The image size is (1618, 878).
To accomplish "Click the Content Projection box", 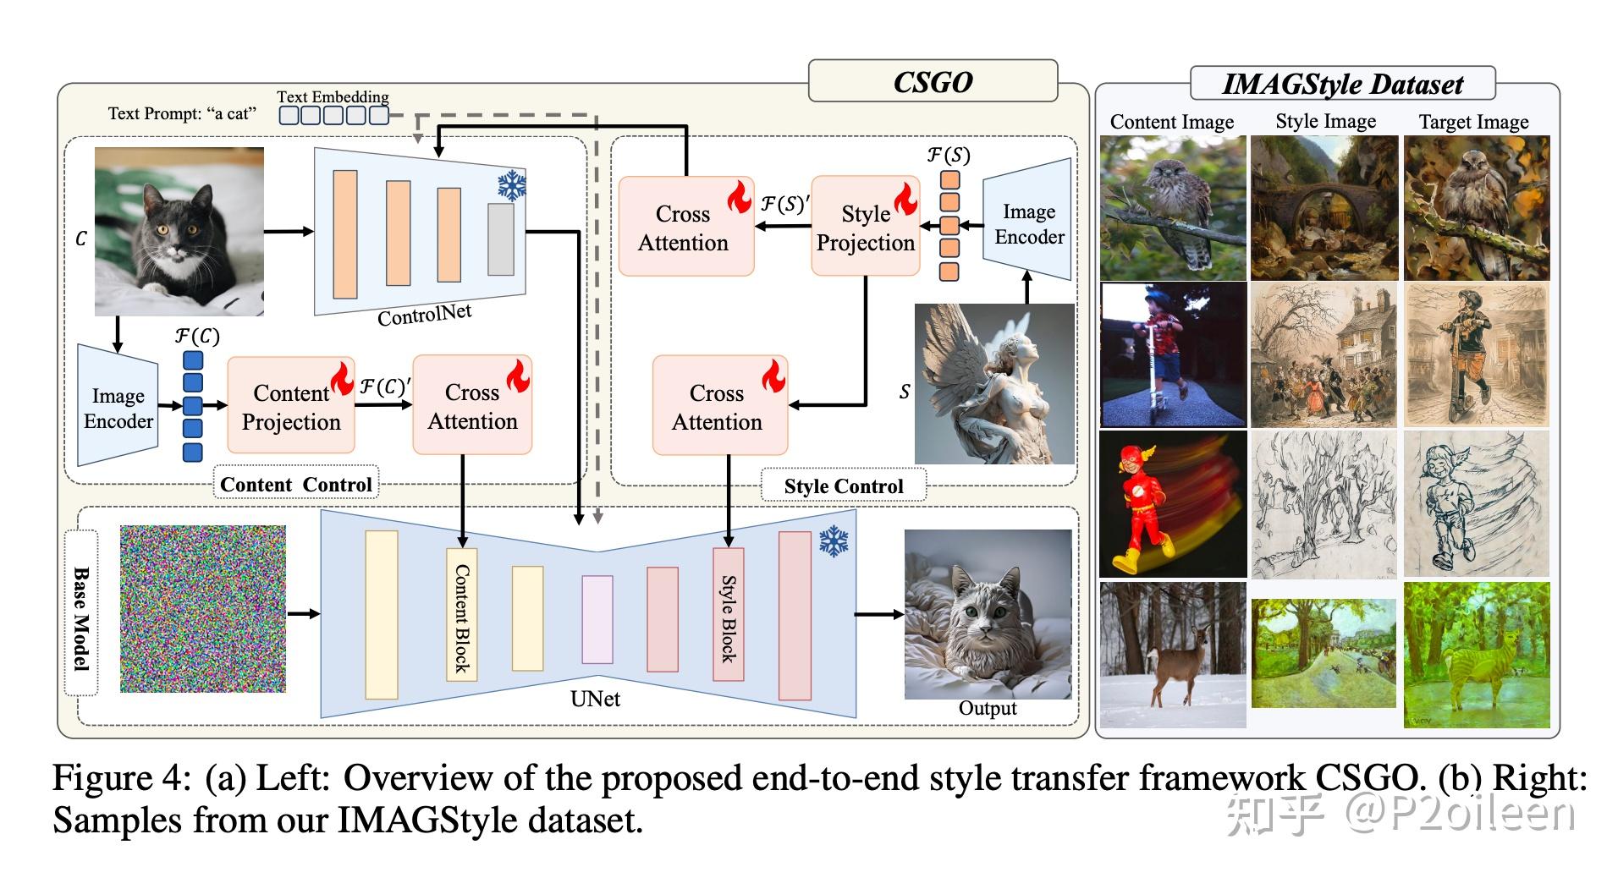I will coord(290,406).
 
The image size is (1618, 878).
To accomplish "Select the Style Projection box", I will coord(865,227).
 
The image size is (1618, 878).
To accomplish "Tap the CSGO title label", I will coord(933,82).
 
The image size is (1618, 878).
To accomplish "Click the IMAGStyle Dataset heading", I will coord(1342,84).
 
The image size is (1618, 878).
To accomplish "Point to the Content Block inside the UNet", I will coord(462,615).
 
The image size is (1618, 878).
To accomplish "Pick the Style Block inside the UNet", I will coord(728,615).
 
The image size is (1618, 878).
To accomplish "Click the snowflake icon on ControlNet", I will coord(511,186).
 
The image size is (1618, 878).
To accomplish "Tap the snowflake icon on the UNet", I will coord(834,542).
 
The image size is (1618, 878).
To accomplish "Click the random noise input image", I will coord(203,609).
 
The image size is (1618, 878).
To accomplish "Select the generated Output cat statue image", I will coord(988,614).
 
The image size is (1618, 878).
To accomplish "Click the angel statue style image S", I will coord(994,385).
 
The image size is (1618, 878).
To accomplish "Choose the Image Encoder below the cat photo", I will coord(118,407).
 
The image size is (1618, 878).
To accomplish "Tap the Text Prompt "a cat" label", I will coord(182,113).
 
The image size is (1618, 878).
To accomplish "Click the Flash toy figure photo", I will coord(1173,504).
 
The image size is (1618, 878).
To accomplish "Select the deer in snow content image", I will coord(1173,655).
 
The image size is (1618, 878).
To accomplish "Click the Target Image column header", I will coord(1473,122).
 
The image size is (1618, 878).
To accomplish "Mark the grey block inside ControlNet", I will coord(501,239).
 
